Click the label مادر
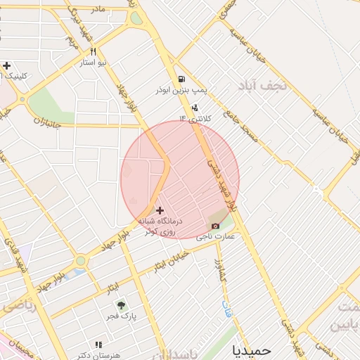point(98,8)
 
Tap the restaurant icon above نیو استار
point(93,52)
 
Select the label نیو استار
point(92,63)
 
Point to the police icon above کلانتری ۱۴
point(193,108)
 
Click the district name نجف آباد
point(263,86)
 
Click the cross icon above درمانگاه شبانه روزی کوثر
point(160,210)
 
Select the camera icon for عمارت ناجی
point(216,226)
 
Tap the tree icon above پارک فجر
point(121,305)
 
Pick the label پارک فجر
point(121,316)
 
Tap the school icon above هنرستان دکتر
point(98,345)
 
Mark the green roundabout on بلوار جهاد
point(81,261)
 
